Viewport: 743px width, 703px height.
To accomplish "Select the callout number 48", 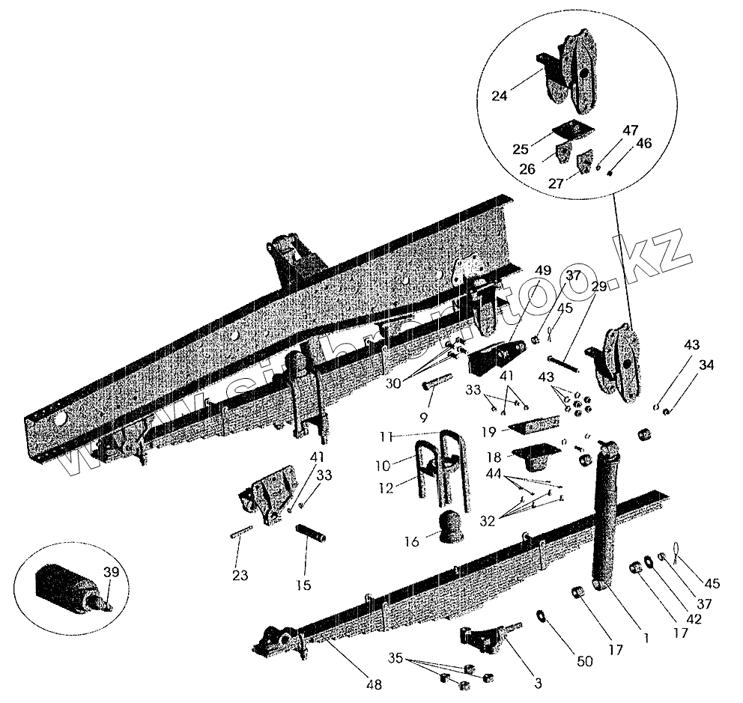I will click(372, 684).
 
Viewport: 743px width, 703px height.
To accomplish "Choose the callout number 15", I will click(304, 585).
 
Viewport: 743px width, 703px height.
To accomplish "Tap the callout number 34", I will click(707, 365).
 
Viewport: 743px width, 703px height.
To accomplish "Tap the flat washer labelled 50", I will click(541, 615).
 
